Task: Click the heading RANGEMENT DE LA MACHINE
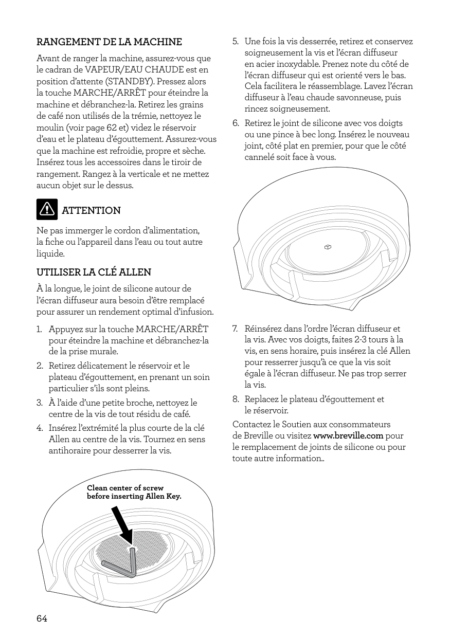coord(109,42)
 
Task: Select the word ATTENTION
coord(91,211)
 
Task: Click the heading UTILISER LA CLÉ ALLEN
coord(94,271)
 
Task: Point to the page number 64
coord(42,618)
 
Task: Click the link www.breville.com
coord(351,436)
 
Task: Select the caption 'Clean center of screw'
coord(125,488)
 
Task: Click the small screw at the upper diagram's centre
coord(327,247)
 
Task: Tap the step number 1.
coord(39,329)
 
